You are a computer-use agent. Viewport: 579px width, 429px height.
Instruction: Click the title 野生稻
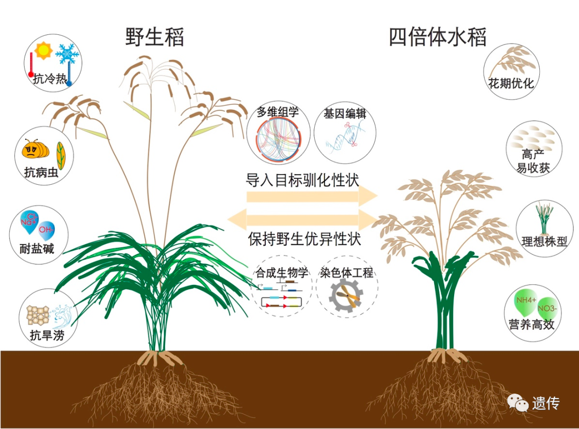[x=154, y=37]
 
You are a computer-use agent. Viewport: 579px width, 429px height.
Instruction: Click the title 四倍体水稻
[x=438, y=37]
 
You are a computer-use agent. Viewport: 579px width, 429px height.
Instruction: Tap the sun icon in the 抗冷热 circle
[x=42, y=51]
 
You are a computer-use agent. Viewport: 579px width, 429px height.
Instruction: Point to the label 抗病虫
[x=41, y=172]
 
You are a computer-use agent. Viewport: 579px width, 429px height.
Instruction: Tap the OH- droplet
[x=47, y=230]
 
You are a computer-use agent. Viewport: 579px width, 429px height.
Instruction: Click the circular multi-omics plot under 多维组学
[x=278, y=140]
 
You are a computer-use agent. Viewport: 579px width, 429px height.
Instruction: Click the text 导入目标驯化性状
[x=302, y=179]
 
